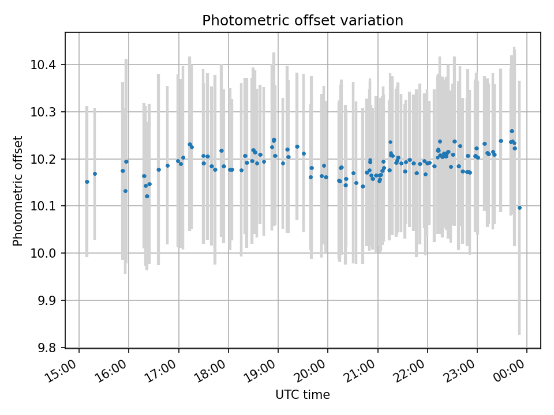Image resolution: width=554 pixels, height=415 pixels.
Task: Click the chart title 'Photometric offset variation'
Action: coord(302,21)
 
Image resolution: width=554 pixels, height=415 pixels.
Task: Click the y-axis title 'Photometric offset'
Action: coord(18,191)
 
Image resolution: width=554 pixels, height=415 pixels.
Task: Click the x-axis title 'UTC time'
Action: coord(302,395)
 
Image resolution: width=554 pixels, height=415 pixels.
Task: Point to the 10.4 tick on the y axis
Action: coord(48,65)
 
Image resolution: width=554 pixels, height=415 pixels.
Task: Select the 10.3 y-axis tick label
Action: coord(48,112)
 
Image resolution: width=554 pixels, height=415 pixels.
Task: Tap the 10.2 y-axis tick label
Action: coord(48,159)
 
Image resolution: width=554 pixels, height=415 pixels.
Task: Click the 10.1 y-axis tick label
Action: coord(48,206)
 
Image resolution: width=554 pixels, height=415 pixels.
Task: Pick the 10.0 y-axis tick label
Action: coord(48,254)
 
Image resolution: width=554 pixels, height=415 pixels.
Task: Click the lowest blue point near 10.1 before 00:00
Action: coord(519,207)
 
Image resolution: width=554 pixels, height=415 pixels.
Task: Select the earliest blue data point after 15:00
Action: coord(87,182)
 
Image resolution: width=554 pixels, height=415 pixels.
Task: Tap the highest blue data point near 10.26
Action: coord(512,131)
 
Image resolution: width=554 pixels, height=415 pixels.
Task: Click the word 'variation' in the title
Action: coord(376,21)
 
